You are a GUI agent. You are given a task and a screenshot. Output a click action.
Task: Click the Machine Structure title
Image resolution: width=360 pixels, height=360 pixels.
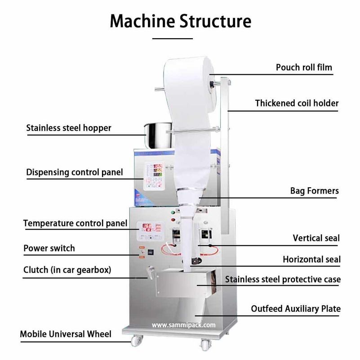pyautogui.click(x=180, y=21)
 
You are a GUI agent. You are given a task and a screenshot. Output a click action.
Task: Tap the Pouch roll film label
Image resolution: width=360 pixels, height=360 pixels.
pyautogui.click(x=304, y=67)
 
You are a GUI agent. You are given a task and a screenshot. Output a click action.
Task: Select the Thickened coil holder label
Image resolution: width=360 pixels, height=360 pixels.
pyautogui.click(x=297, y=103)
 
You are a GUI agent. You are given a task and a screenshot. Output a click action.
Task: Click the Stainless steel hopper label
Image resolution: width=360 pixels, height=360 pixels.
pyautogui.click(x=68, y=128)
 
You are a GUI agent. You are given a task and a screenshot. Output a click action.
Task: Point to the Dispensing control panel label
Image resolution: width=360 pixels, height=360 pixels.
pyautogui.click(x=74, y=172)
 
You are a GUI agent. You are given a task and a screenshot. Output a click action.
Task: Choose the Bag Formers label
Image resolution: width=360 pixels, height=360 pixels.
pyautogui.click(x=314, y=191)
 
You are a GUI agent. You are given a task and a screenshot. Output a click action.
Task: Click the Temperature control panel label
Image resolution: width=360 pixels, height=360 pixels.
pyautogui.click(x=75, y=223)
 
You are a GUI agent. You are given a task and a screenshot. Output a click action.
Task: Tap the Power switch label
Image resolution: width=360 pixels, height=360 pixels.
pyautogui.click(x=49, y=248)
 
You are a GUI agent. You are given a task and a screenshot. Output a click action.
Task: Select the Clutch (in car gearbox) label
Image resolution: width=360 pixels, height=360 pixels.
pyautogui.click(x=67, y=270)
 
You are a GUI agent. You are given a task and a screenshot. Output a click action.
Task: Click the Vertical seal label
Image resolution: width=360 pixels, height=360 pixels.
pyautogui.click(x=316, y=238)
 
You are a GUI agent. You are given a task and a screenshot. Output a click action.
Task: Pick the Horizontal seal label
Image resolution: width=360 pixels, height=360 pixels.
pyautogui.click(x=311, y=259)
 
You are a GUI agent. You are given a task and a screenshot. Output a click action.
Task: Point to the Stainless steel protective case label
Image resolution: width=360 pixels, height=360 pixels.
pyautogui.click(x=283, y=279)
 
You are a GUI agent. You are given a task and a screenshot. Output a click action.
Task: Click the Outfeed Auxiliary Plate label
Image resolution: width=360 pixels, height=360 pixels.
pyautogui.click(x=295, y=309)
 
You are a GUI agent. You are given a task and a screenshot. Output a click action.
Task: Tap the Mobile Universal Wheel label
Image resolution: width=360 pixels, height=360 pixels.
pyautogui.click(x=66, y=334)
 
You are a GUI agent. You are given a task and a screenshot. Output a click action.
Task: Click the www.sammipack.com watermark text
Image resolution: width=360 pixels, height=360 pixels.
pyautogui.click(x=183, y=324)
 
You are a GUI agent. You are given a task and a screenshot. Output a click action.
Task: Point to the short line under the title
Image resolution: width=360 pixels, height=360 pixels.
pyautogui.click(x=173, y=39)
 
